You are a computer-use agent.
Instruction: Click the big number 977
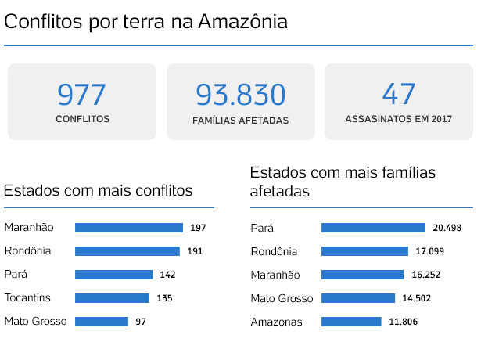pyautogui.click(x=81, y=95)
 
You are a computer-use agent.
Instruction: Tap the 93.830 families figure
pyautogui.click(x=240, y=95)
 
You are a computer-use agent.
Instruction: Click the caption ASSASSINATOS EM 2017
pyautogui.click(x=399, y=120)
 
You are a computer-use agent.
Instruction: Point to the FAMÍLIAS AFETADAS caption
pyautogui.click(x=240, y=121)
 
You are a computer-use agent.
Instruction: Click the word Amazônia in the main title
pyautogui.click(x=242, y=22)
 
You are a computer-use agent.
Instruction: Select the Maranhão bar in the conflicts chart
pyautogui.click(x=129, y=228)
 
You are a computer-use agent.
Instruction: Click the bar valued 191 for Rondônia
pyautogui.click(x=127, y=251)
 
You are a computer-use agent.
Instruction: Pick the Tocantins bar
pyautogui.click(x=112, y=298)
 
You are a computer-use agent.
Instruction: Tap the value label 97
pyautogui.click(x=140, y=322)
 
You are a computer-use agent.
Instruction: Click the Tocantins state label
pyautogui.click(x=28, y=297)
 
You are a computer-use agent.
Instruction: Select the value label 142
pyautogui.click(x=167, y=275)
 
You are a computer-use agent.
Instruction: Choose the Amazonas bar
pyautogui.click(x=351, y=322)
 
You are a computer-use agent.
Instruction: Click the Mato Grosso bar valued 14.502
pyautogui.click(x=358, y=298)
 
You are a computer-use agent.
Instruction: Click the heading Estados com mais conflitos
pyautogui.click(x=99, y=190)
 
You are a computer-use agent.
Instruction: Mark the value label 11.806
pyautogui.click(x=401, y=322)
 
